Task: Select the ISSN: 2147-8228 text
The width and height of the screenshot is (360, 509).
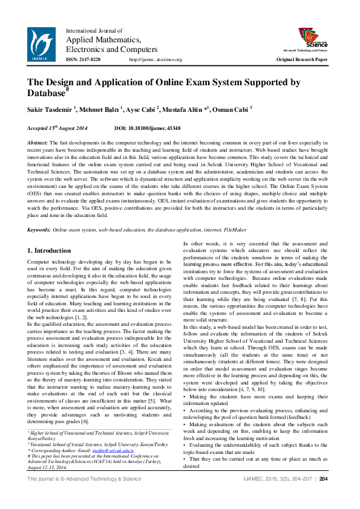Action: click(x=83, y=60)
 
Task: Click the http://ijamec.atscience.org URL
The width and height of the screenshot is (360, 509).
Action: click(x=155, y=60)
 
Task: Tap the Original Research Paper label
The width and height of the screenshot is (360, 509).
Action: click(x=301, y=60)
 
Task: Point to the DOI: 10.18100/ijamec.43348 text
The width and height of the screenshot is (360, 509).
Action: click(x=147, y=129)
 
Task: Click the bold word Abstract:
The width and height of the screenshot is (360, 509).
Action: click(x=38, y=141)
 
